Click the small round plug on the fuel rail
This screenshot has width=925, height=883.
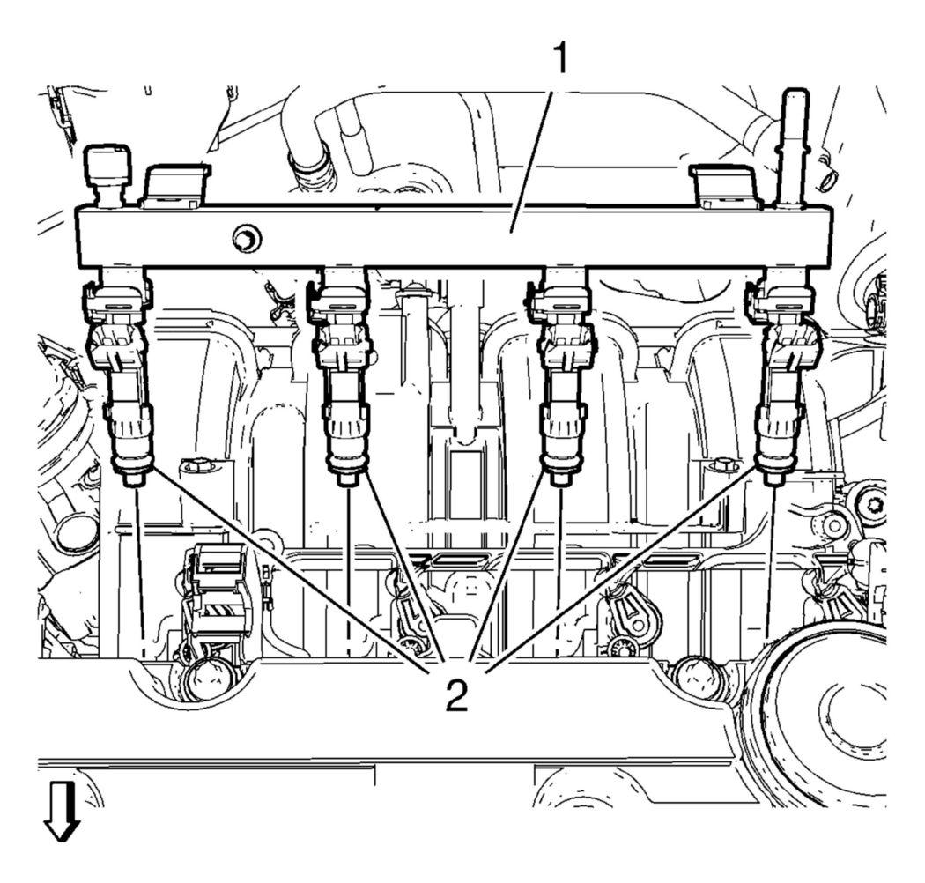[x=244, y=236]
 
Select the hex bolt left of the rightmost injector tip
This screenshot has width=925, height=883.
[x=722, y=464]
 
